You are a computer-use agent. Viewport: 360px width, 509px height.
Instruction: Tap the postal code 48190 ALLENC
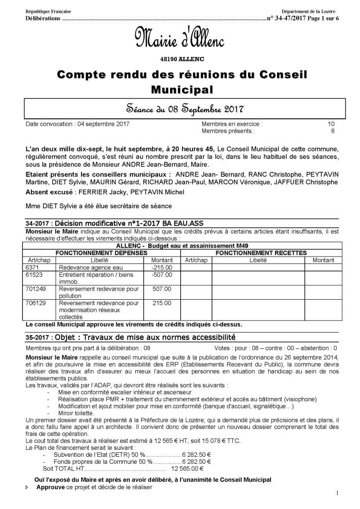(x=180, y=59)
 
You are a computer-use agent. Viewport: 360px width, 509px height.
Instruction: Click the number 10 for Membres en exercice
(x=331, y=124)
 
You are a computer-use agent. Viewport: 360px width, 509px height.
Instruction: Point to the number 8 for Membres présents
(x=333, y=131)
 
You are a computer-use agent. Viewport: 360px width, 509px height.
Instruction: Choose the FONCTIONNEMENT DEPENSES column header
(x=101, y=253)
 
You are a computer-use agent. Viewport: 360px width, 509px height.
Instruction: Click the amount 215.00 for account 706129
(x=161, y=302)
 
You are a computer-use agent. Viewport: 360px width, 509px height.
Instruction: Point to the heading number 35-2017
(x=38, y=337)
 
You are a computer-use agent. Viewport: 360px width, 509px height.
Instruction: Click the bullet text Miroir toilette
(x=77, y=413)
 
